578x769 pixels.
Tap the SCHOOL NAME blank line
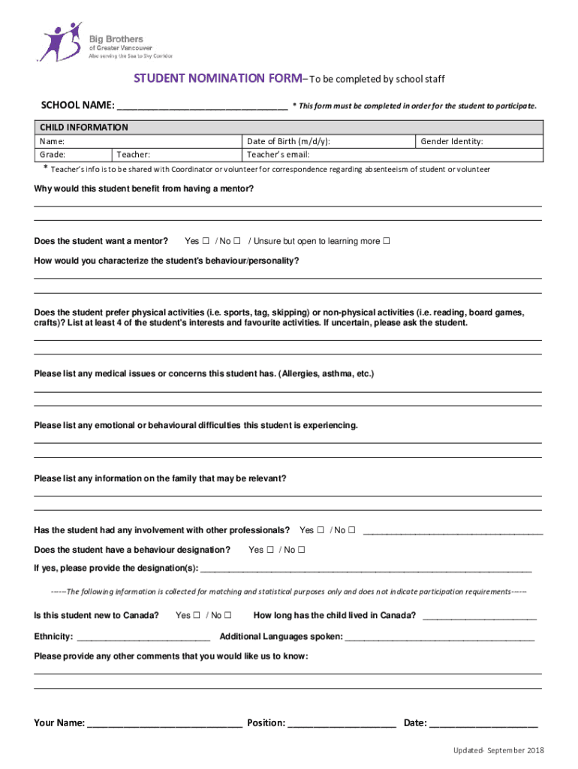pos(202,107)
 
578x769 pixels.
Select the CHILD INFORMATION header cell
pos(83,128)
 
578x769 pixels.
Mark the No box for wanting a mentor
pos(236,242)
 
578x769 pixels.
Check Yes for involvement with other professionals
pos(321,530)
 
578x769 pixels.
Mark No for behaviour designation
pos(301,550)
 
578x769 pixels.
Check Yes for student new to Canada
pos(197,616)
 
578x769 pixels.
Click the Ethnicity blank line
pos(143,638)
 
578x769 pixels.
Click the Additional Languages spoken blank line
pos(439,638)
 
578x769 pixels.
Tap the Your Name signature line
pos(164,725)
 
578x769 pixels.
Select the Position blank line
pos(342,725)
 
